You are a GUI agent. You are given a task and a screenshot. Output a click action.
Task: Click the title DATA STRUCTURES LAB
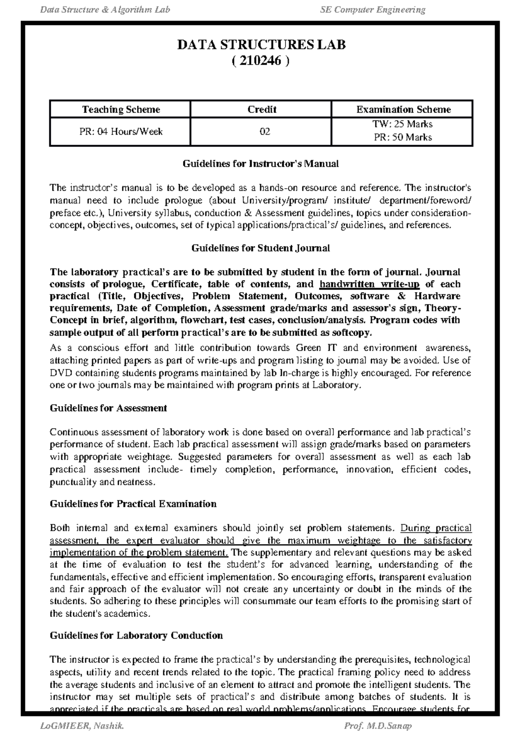click(x=261, y=45)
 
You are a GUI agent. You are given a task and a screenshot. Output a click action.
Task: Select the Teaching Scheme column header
click(x=121, y=110)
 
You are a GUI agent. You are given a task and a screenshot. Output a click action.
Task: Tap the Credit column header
click(x=262, y=110)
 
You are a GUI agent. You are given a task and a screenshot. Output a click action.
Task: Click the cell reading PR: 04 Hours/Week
click(x=121, y=131)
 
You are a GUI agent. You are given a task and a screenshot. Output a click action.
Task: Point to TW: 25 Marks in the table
click(x=403, y=124)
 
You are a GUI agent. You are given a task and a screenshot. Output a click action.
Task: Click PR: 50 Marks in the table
click(x=403, y=137)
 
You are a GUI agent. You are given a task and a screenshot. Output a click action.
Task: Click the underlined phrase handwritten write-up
click(x=369, y=284)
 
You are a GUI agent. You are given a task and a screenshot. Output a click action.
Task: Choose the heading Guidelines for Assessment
click(x=108, y=408)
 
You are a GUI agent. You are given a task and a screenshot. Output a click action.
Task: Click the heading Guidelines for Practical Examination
click(x=133, y=504)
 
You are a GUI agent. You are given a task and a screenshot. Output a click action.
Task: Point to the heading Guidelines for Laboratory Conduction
click(x=136, y=636)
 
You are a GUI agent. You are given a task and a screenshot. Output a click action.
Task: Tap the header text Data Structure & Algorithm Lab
click(x=105, y=10)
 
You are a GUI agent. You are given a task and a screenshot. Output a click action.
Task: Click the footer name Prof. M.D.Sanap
click(x=377, y=726)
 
